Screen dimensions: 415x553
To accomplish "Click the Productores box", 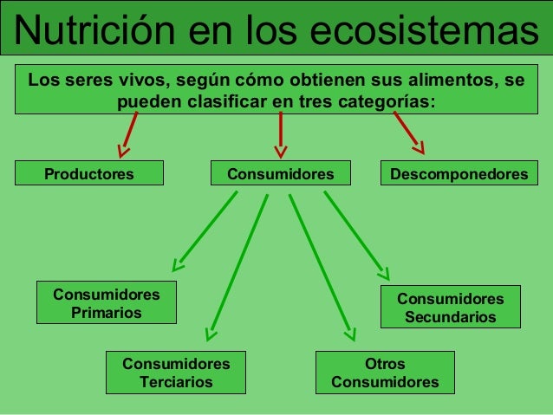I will (x=89, y=174).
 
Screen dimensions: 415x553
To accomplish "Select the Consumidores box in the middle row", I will (x=280, y=174).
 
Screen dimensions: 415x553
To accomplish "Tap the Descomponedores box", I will (x=459, y=174).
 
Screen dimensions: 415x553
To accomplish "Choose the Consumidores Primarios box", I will (x=106, y=303).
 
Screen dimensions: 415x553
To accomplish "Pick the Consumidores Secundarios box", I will (x=450, y=308).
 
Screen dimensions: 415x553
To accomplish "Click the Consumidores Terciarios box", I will (x=176, y=373).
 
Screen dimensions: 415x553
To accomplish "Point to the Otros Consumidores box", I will (x=385, y=373).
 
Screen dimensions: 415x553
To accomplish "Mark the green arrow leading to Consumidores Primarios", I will (x=205, y=230).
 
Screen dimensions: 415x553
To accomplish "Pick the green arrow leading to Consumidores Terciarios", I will (x=237, y=264).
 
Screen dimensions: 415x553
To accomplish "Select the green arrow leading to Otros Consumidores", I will (x=321, y=264).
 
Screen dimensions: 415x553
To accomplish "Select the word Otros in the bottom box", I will (x=385, y=364).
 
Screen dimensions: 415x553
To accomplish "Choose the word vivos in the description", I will (x=133, y=81).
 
